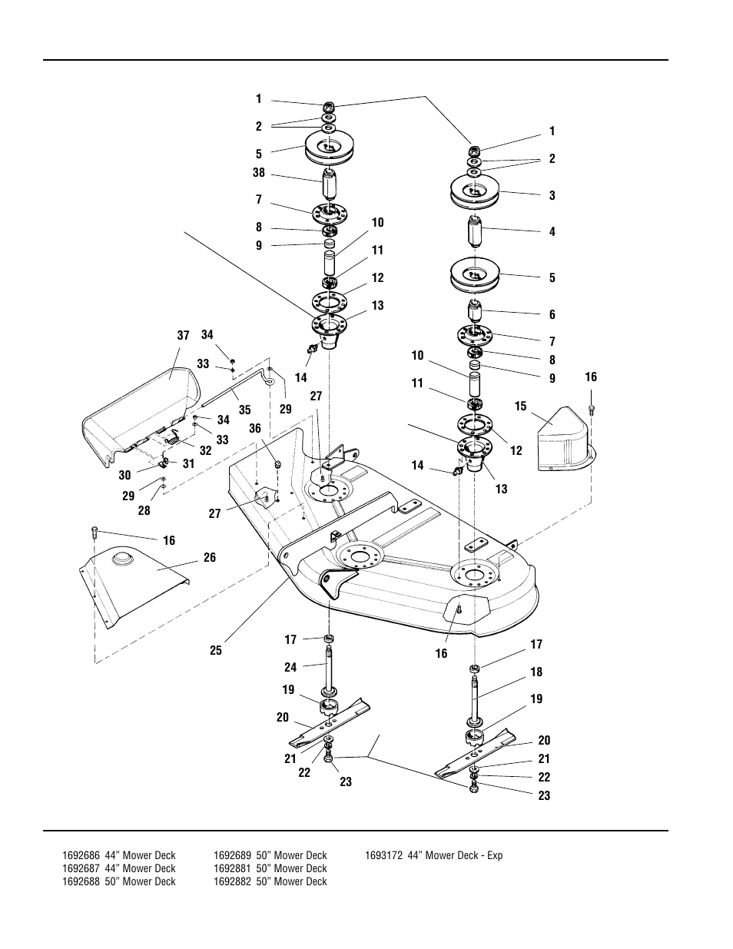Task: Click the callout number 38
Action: pos(259,173)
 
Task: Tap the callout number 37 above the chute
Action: pos(183,335)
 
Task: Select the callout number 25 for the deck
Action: pos(215,650)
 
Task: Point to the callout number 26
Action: pos(210,558)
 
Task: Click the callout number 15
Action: pos(521,405)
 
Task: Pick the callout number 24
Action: pos(290,667)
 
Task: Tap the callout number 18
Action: pos(536,672)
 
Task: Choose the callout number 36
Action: pos(255,429)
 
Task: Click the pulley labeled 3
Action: pos(474,194)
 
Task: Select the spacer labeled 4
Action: pos(475,231)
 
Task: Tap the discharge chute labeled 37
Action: pos(138,415)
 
